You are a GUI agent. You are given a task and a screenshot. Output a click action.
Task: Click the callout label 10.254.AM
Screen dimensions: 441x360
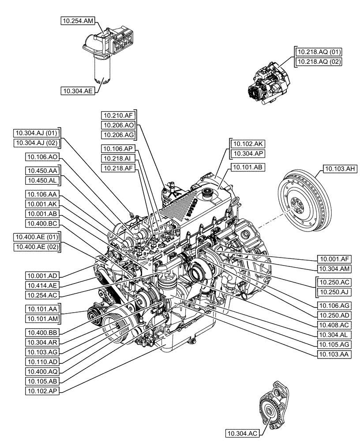78,20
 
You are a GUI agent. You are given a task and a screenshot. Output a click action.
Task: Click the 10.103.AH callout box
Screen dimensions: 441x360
341,168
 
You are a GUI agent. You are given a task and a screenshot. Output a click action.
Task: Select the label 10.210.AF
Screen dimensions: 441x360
118,116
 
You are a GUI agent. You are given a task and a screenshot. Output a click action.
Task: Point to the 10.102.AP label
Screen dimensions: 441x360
43,390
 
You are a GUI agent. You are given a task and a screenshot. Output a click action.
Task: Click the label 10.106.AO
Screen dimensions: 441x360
43,157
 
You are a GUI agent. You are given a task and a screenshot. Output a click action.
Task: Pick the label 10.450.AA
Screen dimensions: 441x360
43,171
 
